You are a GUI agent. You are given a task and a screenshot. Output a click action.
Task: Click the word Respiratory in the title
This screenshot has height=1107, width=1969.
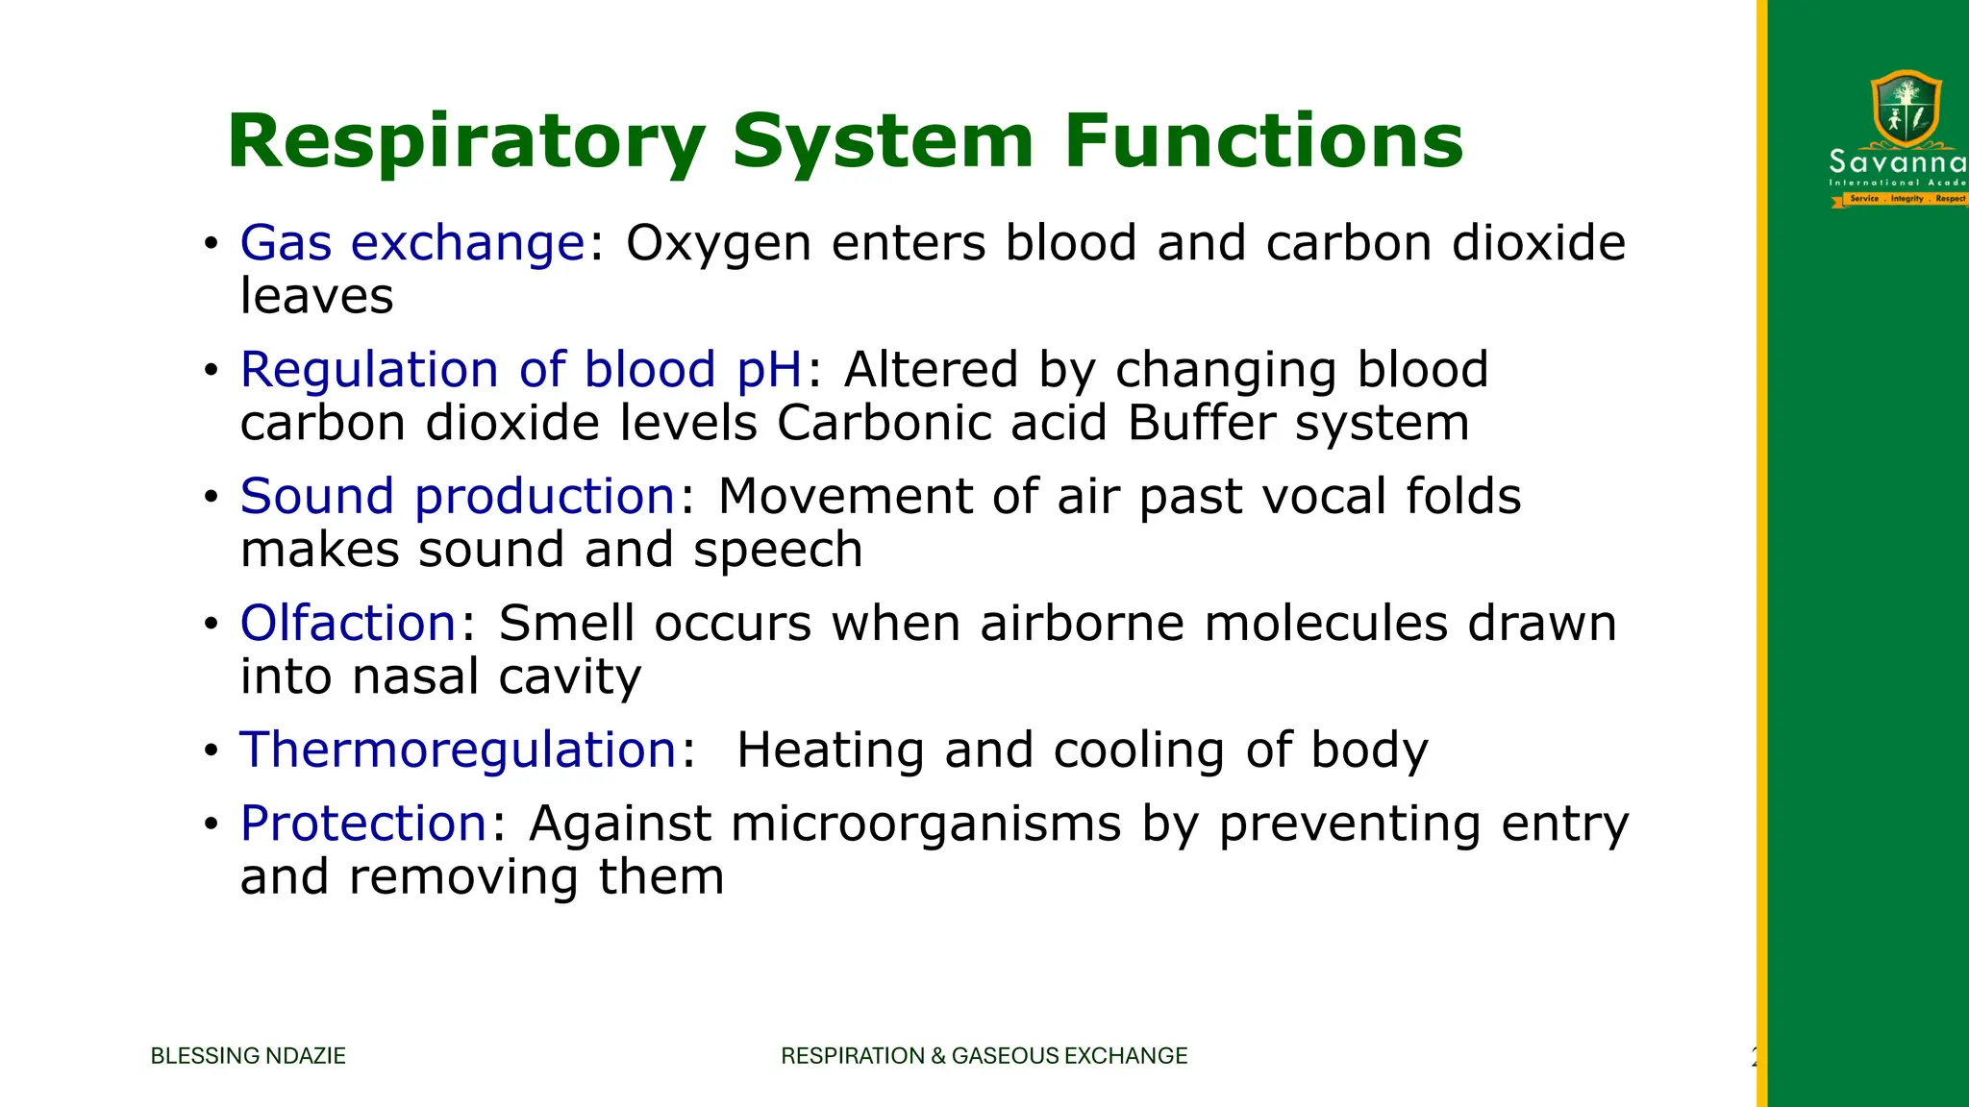click(465, 142)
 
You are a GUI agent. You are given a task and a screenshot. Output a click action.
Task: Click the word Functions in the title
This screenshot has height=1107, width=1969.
click(1262, 141)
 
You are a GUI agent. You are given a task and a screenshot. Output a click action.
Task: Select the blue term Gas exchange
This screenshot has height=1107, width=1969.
click(412, 242)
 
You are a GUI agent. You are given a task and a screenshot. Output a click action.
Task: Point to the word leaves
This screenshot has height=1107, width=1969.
click(316, 296)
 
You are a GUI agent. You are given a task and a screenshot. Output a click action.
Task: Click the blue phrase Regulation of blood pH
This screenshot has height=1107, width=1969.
click(521, 370)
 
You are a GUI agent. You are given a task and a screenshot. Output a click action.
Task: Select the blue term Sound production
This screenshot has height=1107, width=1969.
click(458, 497)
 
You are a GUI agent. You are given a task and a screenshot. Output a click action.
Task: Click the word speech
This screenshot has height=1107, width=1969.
click(778, 551)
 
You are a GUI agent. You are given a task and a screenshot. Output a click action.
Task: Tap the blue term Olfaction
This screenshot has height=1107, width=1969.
click(348, 623)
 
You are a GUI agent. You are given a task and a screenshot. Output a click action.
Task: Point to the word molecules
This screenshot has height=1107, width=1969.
click(1325, 623)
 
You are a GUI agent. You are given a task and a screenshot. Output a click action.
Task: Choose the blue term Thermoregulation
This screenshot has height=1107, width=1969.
click(459, 750)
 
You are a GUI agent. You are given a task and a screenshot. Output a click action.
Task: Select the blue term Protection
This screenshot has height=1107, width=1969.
click(363, 824)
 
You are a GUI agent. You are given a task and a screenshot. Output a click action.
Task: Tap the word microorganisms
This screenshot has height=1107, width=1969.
click(825, 824)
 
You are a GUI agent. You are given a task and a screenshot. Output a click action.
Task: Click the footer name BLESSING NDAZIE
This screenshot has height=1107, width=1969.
click(248, 1056)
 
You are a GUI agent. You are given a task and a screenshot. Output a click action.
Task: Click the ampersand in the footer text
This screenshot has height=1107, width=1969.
click(938, 1056)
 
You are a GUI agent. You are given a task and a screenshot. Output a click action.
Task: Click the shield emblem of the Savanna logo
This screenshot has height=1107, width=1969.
click(1906, 108)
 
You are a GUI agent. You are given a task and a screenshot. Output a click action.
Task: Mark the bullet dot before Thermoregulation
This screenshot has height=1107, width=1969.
click(212, 750)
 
